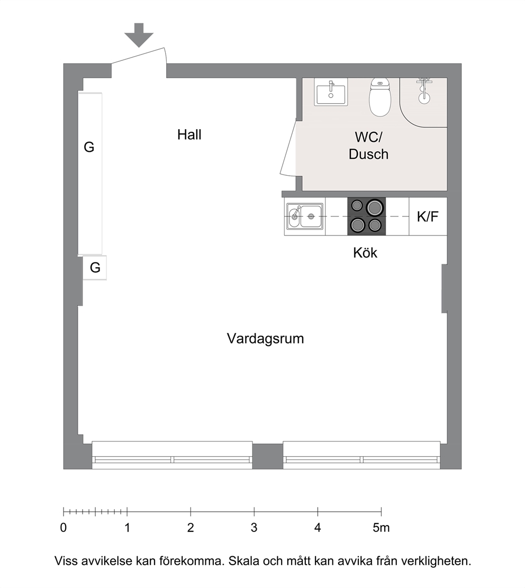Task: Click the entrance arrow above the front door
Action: point(139,35)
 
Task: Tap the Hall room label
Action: point(189,134)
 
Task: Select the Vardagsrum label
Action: point(265,339)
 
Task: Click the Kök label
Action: point(365,253)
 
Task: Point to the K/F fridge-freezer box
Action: point(428,216)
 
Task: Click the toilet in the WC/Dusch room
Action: point(380,97)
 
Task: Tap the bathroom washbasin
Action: point(331,92)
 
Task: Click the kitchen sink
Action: point(304,216)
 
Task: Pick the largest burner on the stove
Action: point(375,207)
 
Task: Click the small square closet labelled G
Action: point(95,267)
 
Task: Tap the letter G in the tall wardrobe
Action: point(89,147)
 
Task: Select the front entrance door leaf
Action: point(139,56)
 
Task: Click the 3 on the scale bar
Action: point(254,528)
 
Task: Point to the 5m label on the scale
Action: point(381,528)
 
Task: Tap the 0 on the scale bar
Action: point(64,528)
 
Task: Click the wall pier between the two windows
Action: point(267,456)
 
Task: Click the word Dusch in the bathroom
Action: point(368,154)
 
